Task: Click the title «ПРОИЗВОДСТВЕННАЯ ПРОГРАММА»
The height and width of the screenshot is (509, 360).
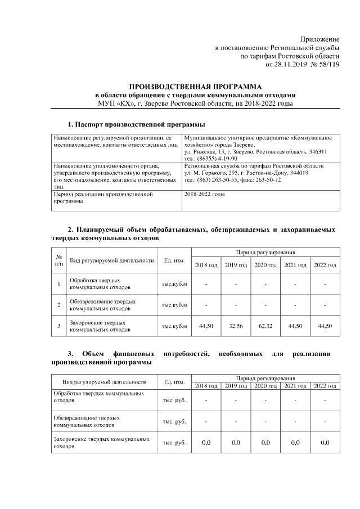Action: coord(195,87)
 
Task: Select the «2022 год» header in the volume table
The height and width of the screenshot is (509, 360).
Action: coord(325,265)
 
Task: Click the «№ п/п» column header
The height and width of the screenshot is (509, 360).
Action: coord(58,260)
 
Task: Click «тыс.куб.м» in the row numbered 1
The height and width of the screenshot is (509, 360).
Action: coord(174,283)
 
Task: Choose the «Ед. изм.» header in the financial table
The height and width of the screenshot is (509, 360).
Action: coord(174,382)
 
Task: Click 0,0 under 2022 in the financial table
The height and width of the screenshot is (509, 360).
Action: coord(325,443)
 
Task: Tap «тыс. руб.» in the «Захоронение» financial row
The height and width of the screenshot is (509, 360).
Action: coord(174,443)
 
